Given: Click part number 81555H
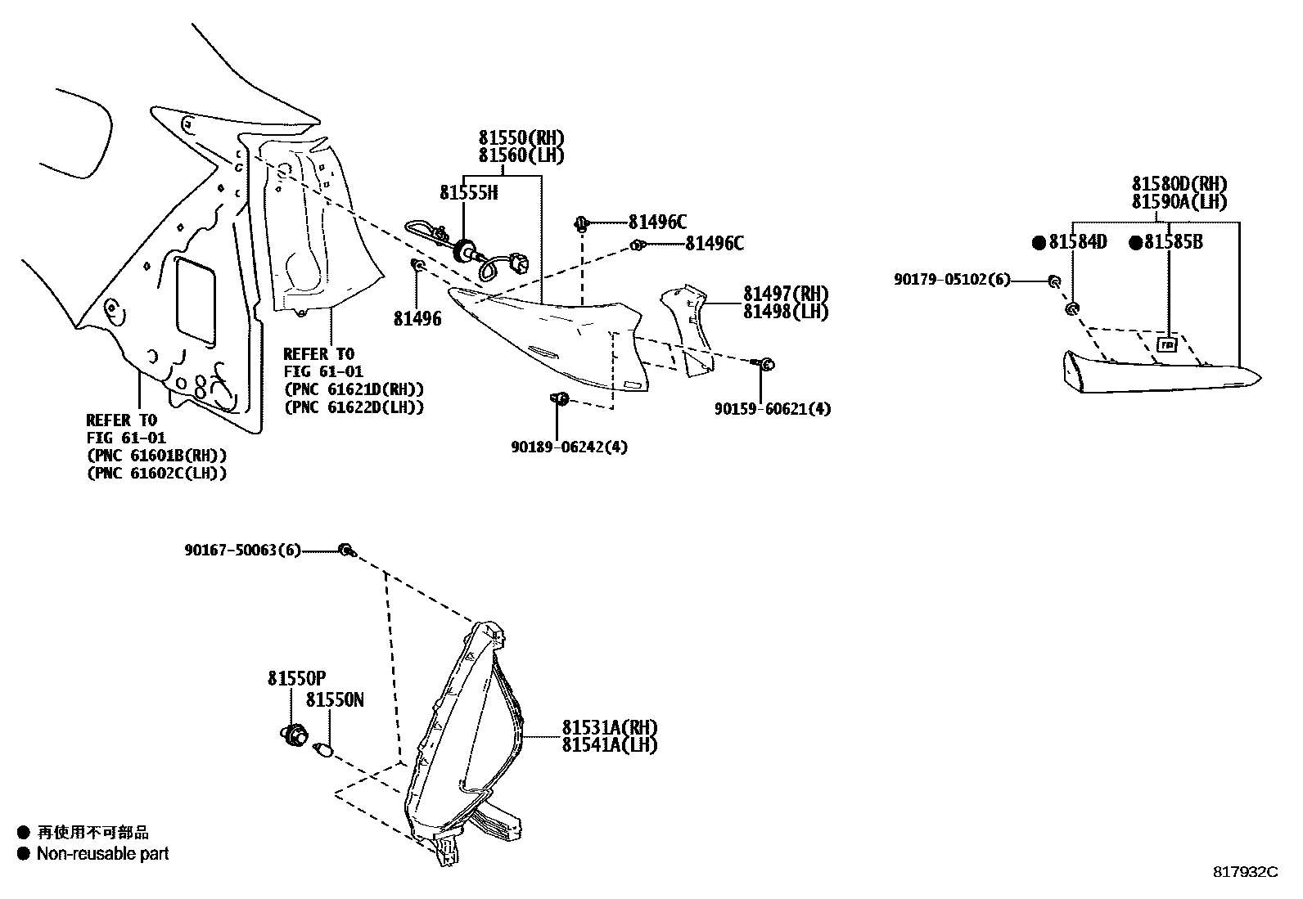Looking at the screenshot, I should click(468, 193).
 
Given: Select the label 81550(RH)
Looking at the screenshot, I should click(521, 138).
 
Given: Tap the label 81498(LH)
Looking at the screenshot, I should click(786, 312).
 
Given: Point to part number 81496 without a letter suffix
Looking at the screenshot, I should click(417, 319).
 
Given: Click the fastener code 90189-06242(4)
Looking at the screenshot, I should click(570, 447).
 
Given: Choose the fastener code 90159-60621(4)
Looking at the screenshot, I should click(772, 408).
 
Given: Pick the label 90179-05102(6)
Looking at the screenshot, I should click(952, 280).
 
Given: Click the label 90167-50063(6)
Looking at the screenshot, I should click(243, 551).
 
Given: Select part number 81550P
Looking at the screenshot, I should click(296, 678).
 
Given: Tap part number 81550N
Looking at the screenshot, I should click(335, 700).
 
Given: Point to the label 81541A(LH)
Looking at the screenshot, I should click(609, 745).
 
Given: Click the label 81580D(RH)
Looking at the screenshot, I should click(1179, 185).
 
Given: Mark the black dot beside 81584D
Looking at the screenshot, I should click(1039, 242).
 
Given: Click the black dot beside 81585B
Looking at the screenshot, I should click(1135, 242).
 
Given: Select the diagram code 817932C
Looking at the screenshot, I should click(1245, 872).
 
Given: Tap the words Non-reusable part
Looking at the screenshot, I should click(102, 854).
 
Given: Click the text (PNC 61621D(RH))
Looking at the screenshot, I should click(354, 389).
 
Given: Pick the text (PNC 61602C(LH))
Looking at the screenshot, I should click(156, 473).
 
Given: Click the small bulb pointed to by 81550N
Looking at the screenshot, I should click(322, 749).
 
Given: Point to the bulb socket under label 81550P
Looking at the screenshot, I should click(292, 735).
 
